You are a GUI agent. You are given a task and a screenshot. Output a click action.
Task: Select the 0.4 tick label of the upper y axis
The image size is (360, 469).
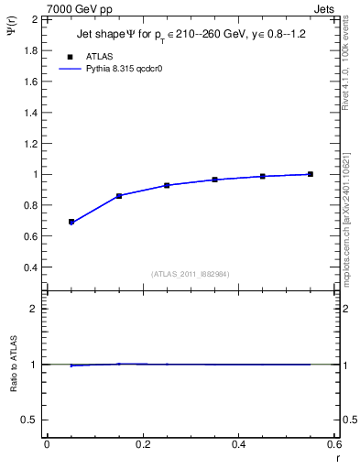[31, 267]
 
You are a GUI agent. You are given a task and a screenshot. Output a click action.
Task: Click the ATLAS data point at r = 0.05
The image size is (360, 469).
[71, 222]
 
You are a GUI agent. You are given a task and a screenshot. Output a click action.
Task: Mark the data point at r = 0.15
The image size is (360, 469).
[119, 196]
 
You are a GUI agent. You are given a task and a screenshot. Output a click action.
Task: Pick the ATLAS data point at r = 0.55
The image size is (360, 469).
[311, 174]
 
